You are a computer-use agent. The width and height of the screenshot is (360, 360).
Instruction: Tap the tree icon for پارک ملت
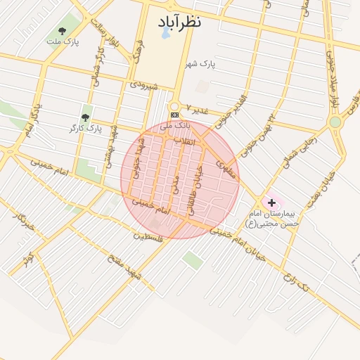(x=62, y=31)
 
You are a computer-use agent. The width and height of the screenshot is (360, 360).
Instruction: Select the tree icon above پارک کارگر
(x=86, y=117)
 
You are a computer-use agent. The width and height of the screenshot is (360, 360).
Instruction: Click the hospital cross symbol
(x=272, y=202)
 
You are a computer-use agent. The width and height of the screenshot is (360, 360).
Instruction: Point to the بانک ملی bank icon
(x=174, y=115)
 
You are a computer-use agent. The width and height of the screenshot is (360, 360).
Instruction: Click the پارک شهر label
(x=200, y=64)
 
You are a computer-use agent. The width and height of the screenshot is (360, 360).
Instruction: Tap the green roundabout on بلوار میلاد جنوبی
(x=335, y=122)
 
